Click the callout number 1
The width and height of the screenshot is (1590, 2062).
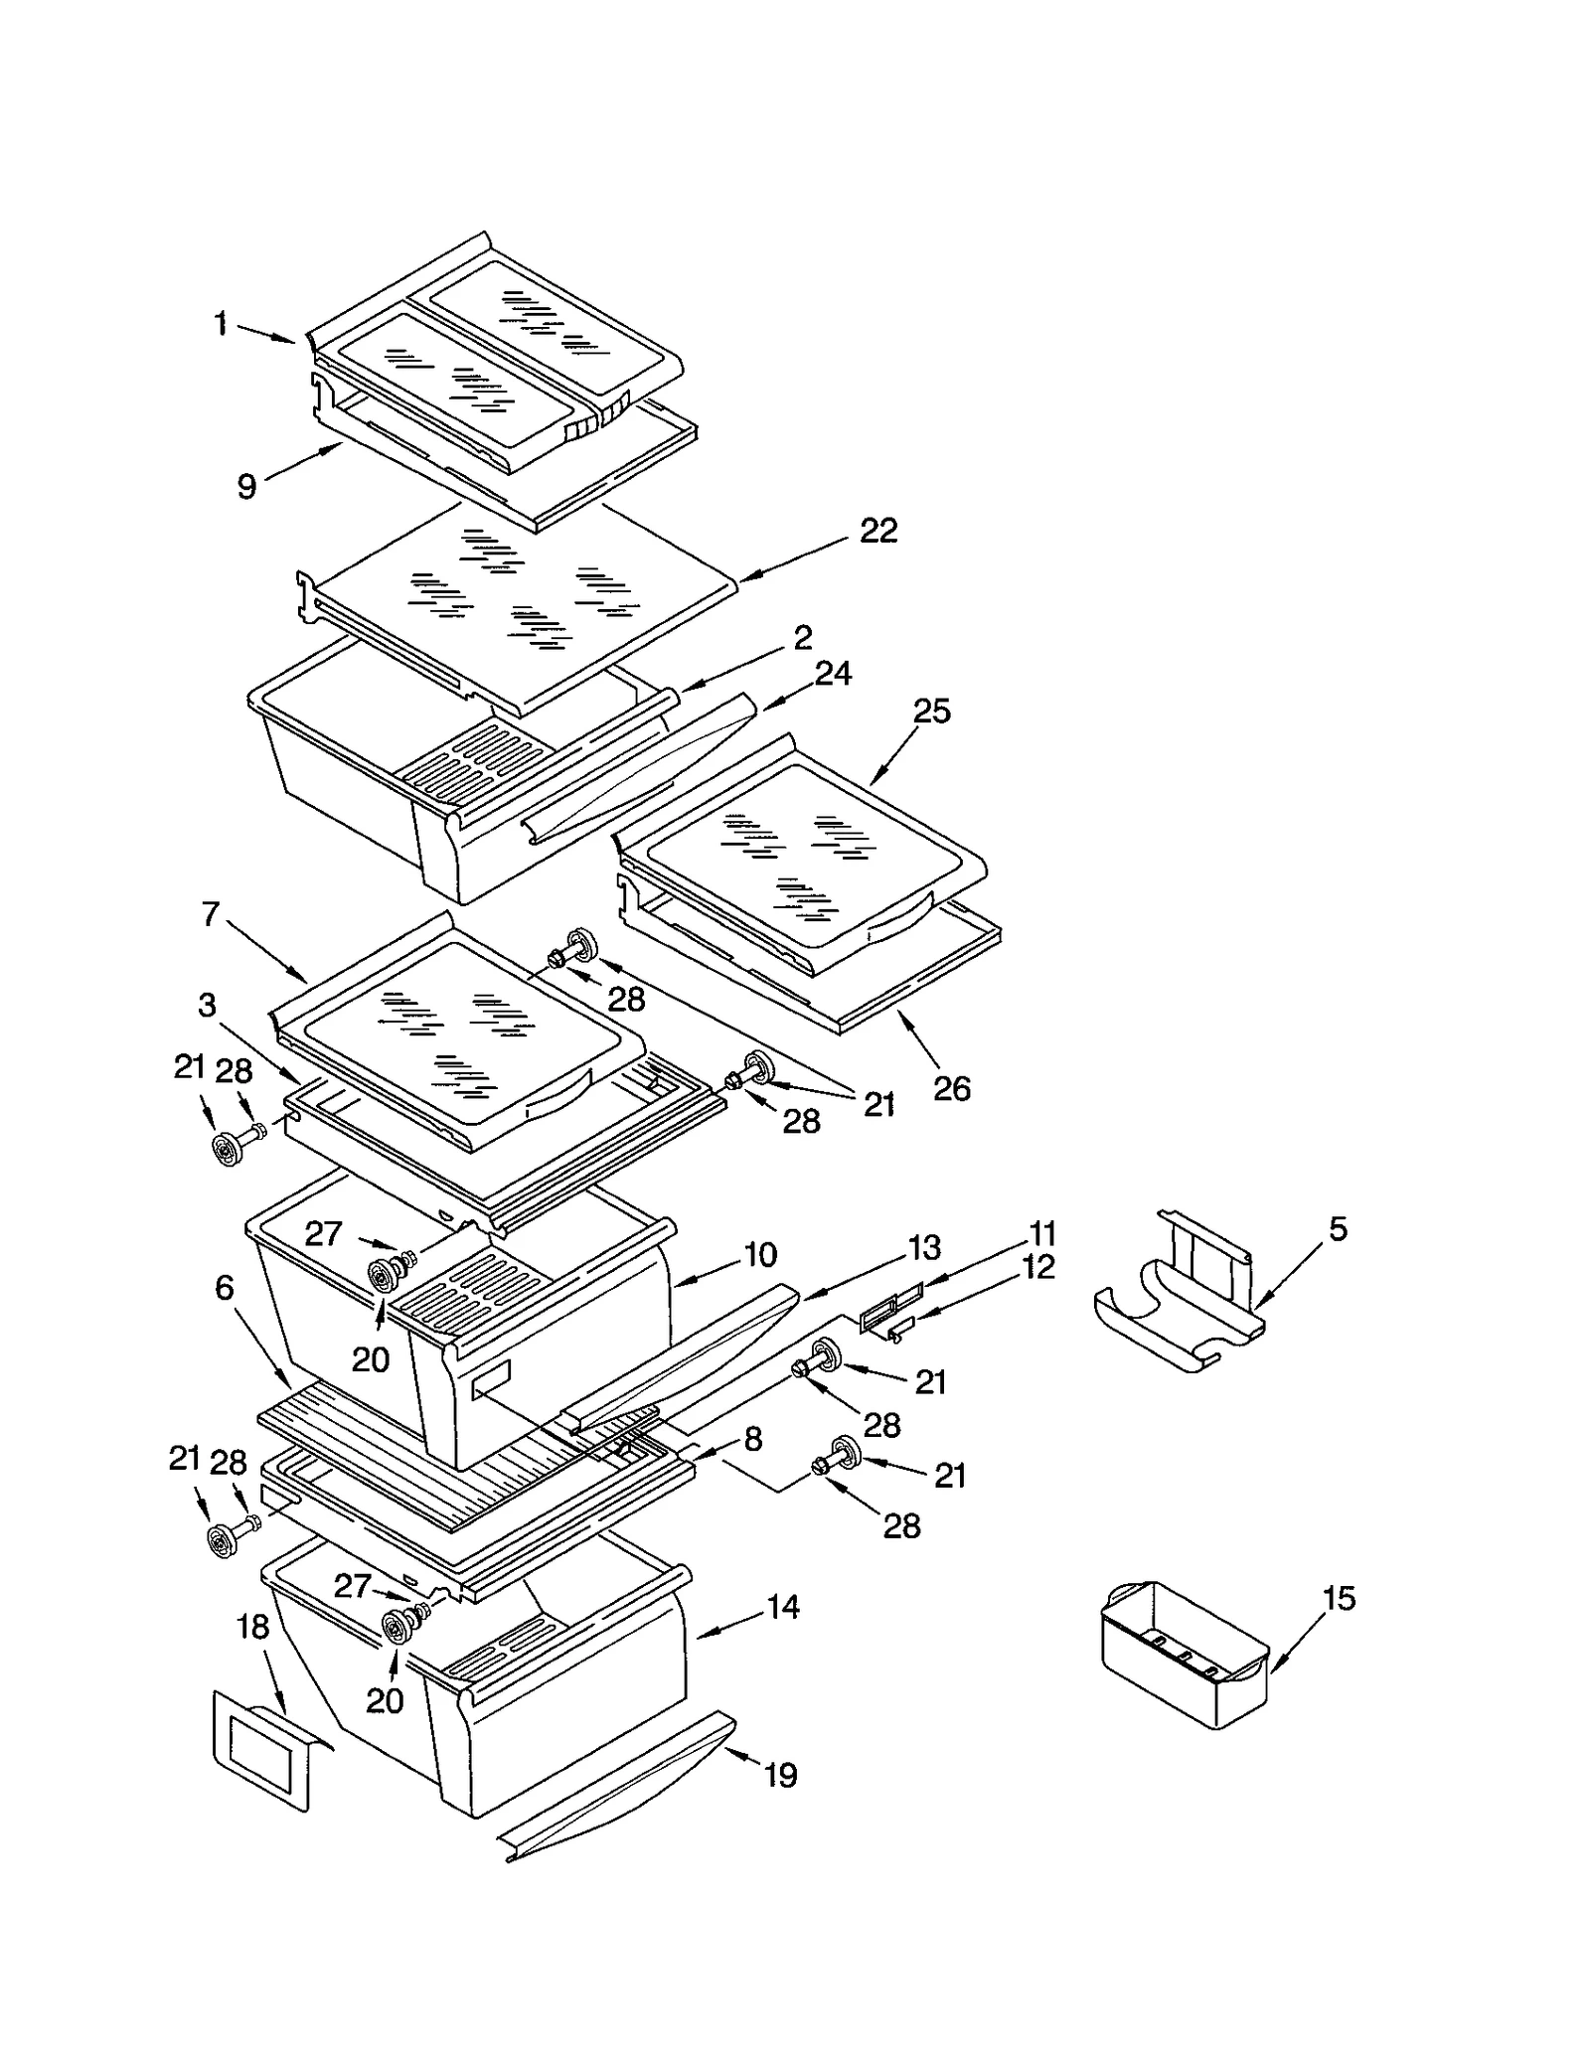click(x=221, y=324)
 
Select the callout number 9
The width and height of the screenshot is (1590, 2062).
click(x=246, y=486)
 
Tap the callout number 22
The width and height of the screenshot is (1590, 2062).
click(x=878, y=531)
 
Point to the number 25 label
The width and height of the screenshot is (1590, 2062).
click(x=931, y=712)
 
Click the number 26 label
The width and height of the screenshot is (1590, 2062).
click(x=951, y=1089)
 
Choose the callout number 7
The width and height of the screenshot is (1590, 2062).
click(x=211, y=914)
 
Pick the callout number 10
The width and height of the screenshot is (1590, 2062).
click(x=760, y=1255)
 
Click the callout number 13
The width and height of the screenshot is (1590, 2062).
click(x=924, y=1248)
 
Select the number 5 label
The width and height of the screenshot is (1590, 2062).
click(x=1339, y=1229)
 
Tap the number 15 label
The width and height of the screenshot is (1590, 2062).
click(x=1339, y=1599)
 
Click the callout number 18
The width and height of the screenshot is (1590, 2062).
click(x=253, y=1628)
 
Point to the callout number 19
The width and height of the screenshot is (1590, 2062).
click(x=781, y=1775)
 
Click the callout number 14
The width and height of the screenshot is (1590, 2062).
click(x=783, y=1607)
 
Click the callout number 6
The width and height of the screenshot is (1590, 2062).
click(x=225, y=1288)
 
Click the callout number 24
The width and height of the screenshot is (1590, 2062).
click(x=834, y=674)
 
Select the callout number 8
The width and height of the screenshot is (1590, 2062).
click(x=753, y=1439)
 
